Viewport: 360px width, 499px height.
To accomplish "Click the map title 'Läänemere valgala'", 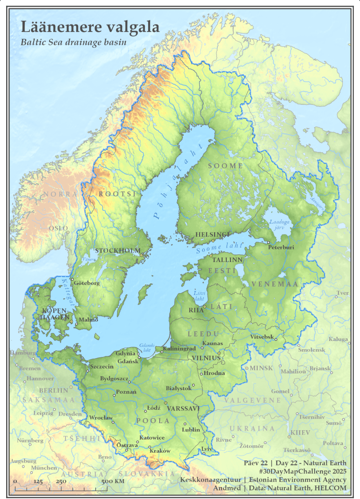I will point(90,27).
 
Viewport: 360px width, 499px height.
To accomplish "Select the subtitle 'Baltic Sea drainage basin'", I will point(73,42).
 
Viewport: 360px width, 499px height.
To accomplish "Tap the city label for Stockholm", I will point(117,251).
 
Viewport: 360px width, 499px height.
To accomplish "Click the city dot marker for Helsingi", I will point(213,241).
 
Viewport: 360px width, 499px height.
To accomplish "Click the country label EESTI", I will point(222,271).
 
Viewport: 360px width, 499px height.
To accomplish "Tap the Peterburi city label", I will point(281,247).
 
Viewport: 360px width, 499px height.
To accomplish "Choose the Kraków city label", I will point(160,451).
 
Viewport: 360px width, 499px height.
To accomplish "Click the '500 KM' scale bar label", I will point(113,481).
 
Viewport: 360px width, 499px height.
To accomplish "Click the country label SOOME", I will point(225,166).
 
